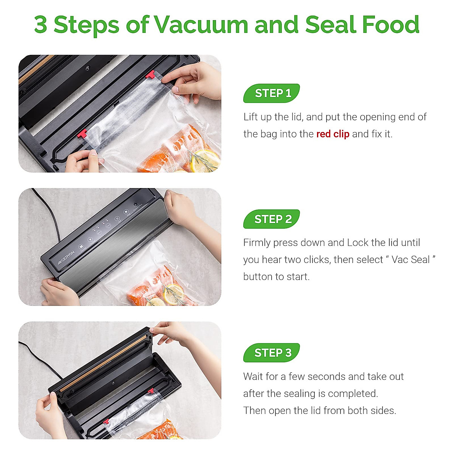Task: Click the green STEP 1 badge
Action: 272,93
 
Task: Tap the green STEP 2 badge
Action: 272,219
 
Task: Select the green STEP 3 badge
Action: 272,353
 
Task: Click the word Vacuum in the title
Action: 201,25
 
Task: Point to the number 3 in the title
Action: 41,25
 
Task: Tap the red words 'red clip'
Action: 333,134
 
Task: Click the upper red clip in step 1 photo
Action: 151,75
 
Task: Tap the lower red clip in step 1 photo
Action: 82,134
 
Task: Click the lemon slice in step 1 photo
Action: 204,160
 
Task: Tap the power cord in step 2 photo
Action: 53,216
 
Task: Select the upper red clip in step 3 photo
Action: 151,391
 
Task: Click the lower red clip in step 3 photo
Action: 106,421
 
